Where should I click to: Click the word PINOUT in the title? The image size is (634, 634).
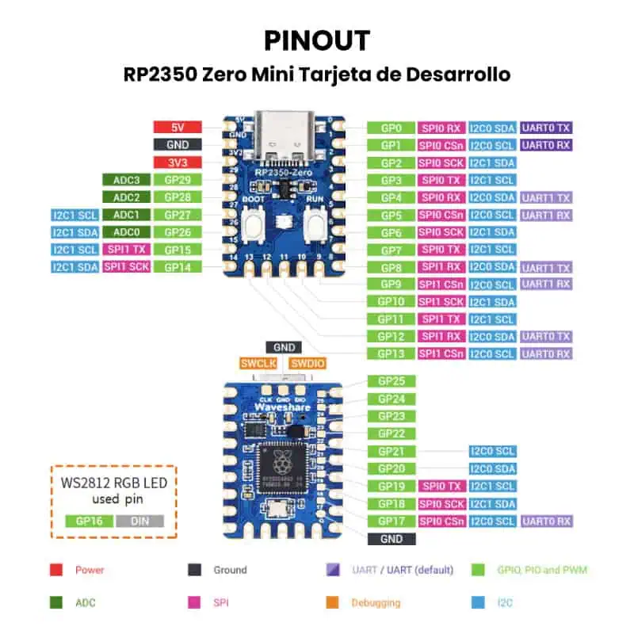click(x=317, y=40)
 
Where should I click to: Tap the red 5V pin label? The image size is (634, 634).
click(x=178, y=128)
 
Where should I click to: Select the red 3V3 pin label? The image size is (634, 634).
click(x=178, y=162)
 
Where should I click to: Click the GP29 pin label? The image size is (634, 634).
click(x=178, y=180)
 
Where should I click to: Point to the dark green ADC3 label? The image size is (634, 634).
click(x=126, y=180)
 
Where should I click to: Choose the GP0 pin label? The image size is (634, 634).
click(x=391, y=128)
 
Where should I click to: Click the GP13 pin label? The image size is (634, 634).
click(x=391, y=353)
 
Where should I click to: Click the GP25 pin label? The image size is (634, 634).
click(x=391, y=381)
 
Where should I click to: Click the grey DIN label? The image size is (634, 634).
click(x=139, y=521)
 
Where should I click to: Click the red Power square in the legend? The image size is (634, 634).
click(x=56, y=569)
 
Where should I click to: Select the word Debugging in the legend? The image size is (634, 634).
click(x=376, y=603)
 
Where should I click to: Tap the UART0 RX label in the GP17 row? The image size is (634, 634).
click(x=545, y=521)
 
